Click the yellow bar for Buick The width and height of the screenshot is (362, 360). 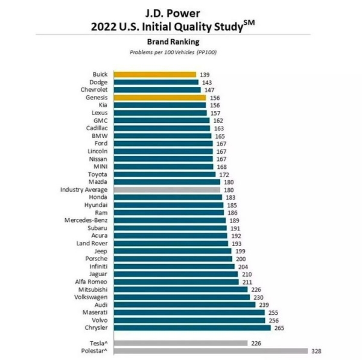[x=154, y=74]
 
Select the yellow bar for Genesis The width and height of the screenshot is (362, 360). [x=159, y=97]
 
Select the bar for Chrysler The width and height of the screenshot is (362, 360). [x=191, y=328]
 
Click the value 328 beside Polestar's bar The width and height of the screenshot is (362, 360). [x=315, y=351]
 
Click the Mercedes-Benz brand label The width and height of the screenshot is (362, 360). [x=86, y=221]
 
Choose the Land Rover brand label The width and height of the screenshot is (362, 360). [x=92, y=243]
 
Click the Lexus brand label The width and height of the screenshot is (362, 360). [x=100, y=113]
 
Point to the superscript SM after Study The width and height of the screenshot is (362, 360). [x=265, y=23]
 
